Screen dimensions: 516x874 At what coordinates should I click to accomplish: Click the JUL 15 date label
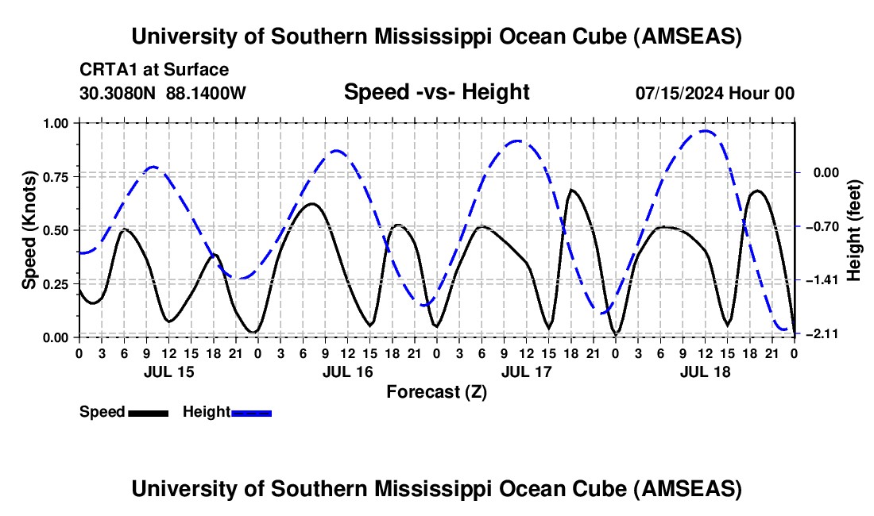tap(168, 371)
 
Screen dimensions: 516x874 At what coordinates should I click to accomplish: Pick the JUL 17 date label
tap(525, 371)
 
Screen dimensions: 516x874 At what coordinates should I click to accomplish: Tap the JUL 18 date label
tap(704, 371)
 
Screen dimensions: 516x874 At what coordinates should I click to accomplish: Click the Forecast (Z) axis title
tap(436, 391)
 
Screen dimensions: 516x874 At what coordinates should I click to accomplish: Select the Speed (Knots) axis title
tap(29, 230)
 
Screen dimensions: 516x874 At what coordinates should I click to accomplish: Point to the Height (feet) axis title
tap(854, 229)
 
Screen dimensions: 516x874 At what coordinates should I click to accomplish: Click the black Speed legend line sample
tap(147, 413)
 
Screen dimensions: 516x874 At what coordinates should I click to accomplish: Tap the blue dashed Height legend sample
tap(251, 413)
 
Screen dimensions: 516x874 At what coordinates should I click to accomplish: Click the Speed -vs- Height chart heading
tap(436, 92)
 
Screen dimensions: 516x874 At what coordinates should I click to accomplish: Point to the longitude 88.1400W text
tap(206, 93)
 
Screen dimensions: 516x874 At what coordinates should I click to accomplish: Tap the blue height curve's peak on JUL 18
tap(705, 131)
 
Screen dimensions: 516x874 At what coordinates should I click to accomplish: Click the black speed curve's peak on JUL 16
tap(311, 204)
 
